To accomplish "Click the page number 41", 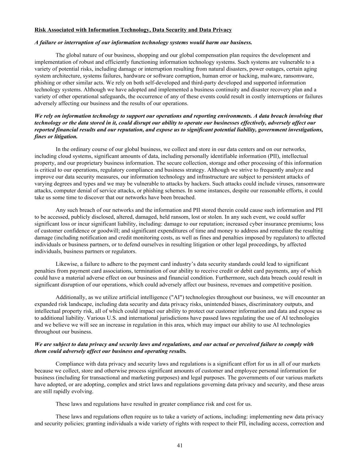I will tap(180, 445).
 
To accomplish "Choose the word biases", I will tap(248, 304).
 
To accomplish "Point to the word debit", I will tap(240, 271).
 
